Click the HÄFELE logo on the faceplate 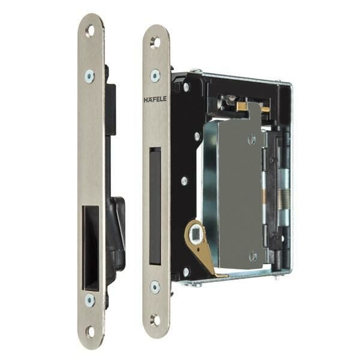(155, 99)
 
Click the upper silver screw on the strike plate (89, 76)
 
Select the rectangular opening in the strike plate (91, 240)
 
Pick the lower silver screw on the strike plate (89, 299)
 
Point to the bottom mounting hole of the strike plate (90, 331)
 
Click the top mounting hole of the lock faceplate (155, 42)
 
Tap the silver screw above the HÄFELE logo (155, 76)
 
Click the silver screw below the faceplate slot (155, 287)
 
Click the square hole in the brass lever (194, 231)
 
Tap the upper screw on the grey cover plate (253, 140)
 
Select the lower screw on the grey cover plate (253, 256)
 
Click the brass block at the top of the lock (241, 107)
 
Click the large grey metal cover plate (231, 192)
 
